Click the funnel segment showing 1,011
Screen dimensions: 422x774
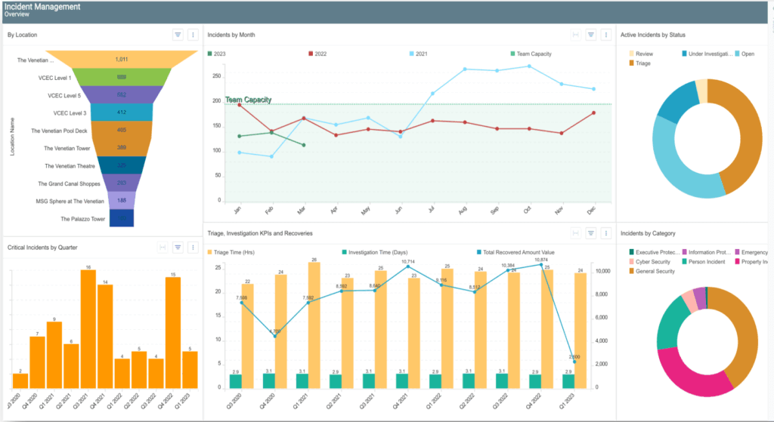(121, 59)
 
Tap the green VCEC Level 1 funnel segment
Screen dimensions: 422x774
(121, 77)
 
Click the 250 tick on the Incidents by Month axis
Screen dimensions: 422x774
(217, 76)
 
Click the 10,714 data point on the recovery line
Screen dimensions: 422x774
(408, 266)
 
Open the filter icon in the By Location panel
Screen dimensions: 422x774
(178, 35)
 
